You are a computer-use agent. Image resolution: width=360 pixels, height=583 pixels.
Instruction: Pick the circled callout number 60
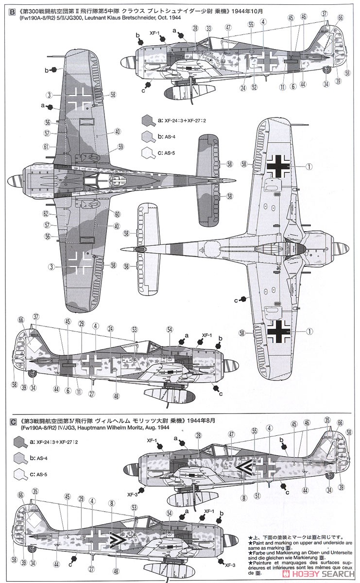click(x=117, y=214)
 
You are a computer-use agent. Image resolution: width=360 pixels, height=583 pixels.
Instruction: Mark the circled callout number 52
click(x=255, y=88)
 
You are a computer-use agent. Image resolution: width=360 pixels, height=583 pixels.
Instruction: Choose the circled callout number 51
click(x=257, y=496)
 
